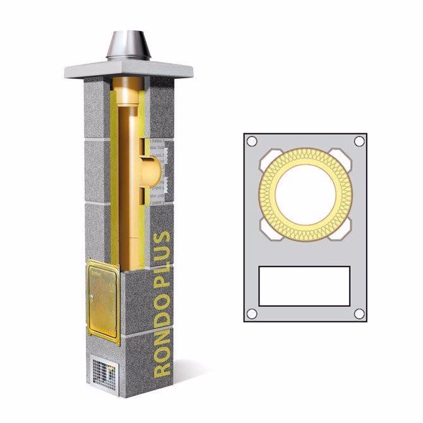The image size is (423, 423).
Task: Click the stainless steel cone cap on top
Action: tap(128, 45)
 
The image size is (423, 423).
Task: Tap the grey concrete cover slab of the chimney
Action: tap(129, 69)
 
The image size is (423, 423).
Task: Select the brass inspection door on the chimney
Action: tap(103, 302)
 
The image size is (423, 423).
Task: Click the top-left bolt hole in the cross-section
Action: tap(251, 141)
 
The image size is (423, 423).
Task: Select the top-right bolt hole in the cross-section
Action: tap(359, 141)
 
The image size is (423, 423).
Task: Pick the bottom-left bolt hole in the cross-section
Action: tap(251, 314)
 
